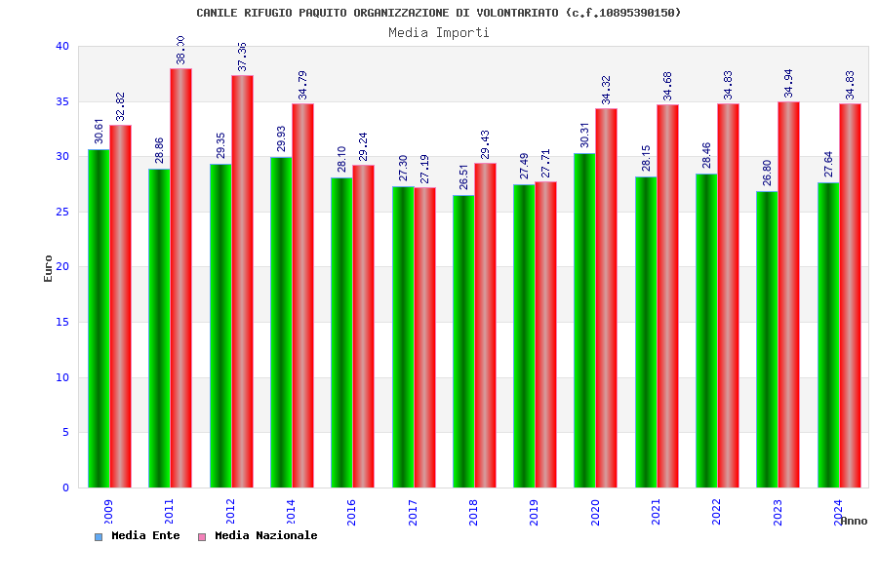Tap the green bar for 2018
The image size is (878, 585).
(463, 341)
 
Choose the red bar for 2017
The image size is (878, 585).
(424, 337)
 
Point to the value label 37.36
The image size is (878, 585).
(242, 57)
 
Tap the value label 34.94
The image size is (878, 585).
(788, 83)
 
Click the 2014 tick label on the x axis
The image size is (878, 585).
(291, 512)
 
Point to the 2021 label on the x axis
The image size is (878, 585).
(656, 512)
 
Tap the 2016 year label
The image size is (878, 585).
(351, 512)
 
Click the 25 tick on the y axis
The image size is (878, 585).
(62, 212)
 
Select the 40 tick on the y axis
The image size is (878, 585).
(62, 46)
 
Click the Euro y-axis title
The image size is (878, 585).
(49, 268)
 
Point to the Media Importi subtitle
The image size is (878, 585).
(439, 32)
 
